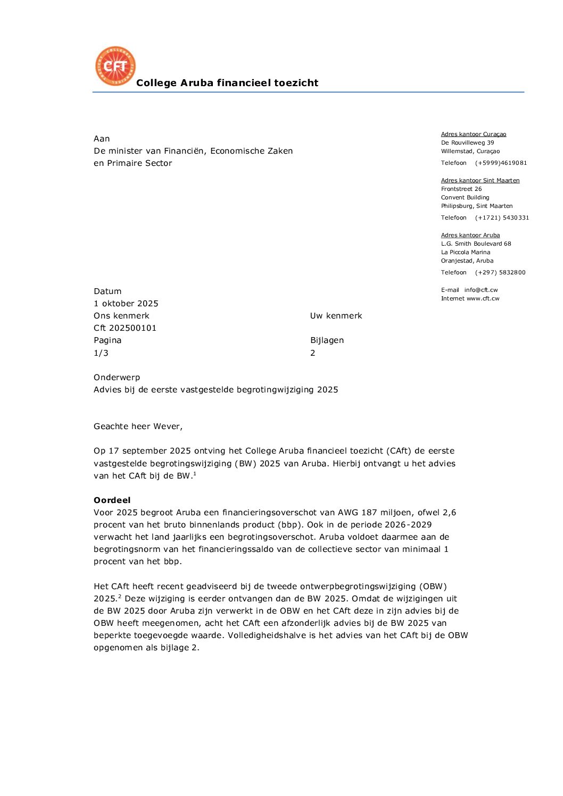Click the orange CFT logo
click(x=115, y=66)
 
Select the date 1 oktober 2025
click(x=126, y=304)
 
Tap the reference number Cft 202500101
click(x=125, y=328)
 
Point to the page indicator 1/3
click(x=101, y=353)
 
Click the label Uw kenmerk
click(x=336, y=316)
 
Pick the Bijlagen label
click(x=327, y=340)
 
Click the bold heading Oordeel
click(x=112, y=500)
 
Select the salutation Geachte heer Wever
click(x=138, y=426)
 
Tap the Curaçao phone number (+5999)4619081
click(x=501, y=163)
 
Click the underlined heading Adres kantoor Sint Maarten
click(x=480, y=181)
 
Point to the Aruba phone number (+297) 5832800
click(x=500, y=273)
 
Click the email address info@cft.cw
click(x=481, y=290)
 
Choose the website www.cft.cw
click(x=483, y=299)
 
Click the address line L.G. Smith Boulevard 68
click(x=476, y=244)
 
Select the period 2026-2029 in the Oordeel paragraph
click(x=410, y=525)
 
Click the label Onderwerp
click(x=117, y=378)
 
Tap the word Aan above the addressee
click(x=102, y=139)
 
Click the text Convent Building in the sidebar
click(x=465, y=198)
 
